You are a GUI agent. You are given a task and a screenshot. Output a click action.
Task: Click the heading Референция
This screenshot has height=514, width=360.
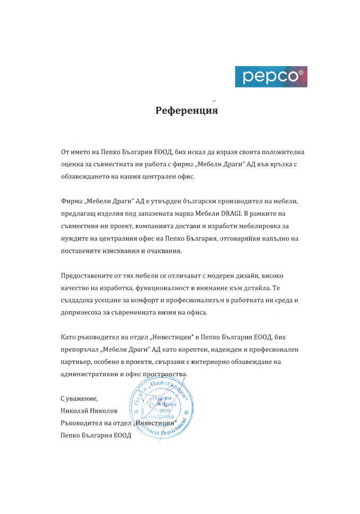pos(187,111)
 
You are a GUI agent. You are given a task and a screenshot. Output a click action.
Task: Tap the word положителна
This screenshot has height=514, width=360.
pos(274,153)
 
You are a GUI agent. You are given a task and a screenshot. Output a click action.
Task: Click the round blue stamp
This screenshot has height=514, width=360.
pos(159,406)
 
